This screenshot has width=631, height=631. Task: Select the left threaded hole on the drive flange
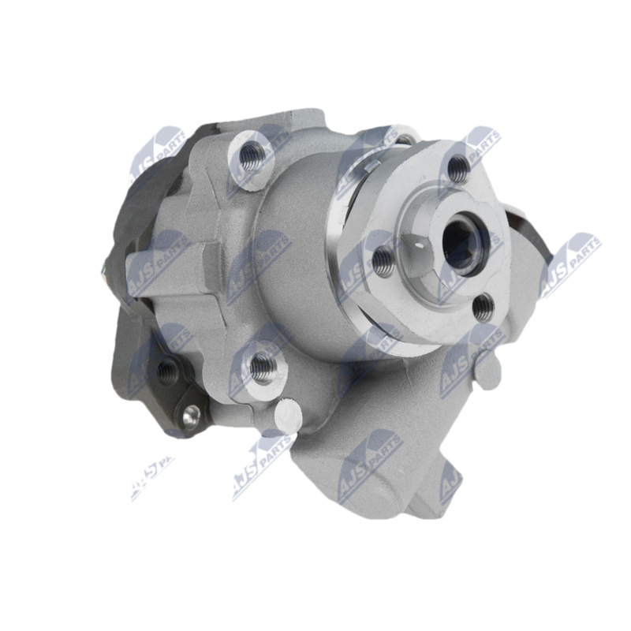tap(383, 262)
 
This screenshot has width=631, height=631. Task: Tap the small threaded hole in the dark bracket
tap(166, 370)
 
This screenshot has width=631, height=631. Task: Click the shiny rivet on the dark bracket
tap(189, 413)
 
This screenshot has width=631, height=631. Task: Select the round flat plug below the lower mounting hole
tap(289, 412)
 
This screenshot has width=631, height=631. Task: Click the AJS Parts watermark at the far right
tap(569, 264)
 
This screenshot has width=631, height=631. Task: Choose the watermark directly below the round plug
tap(262, 465)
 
